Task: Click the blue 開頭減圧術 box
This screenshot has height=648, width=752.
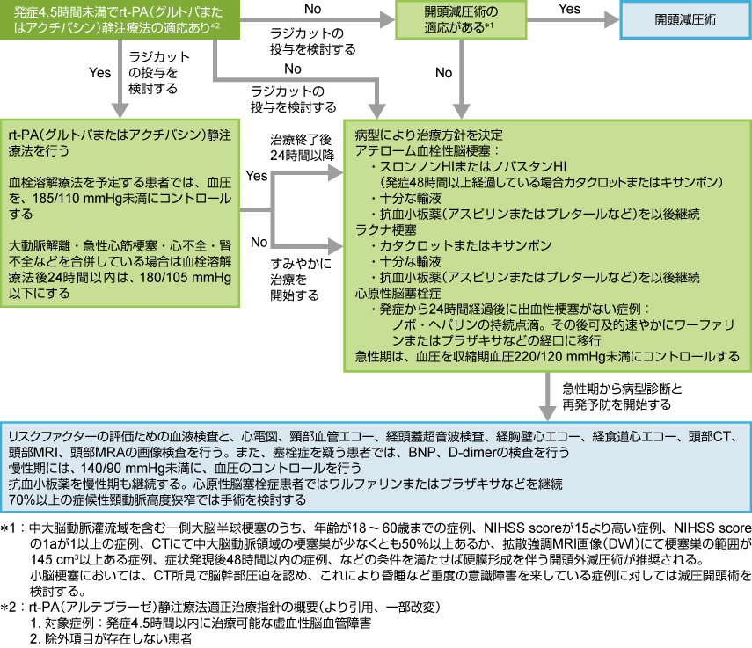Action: click(x=686, y=19)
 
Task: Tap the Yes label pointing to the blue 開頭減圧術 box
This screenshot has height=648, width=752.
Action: click(x=569, y=8)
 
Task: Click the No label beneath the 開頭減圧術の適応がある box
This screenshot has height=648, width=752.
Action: click(x=443, y=73)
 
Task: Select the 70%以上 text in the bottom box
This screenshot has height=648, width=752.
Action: click(x=32, y=499)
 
